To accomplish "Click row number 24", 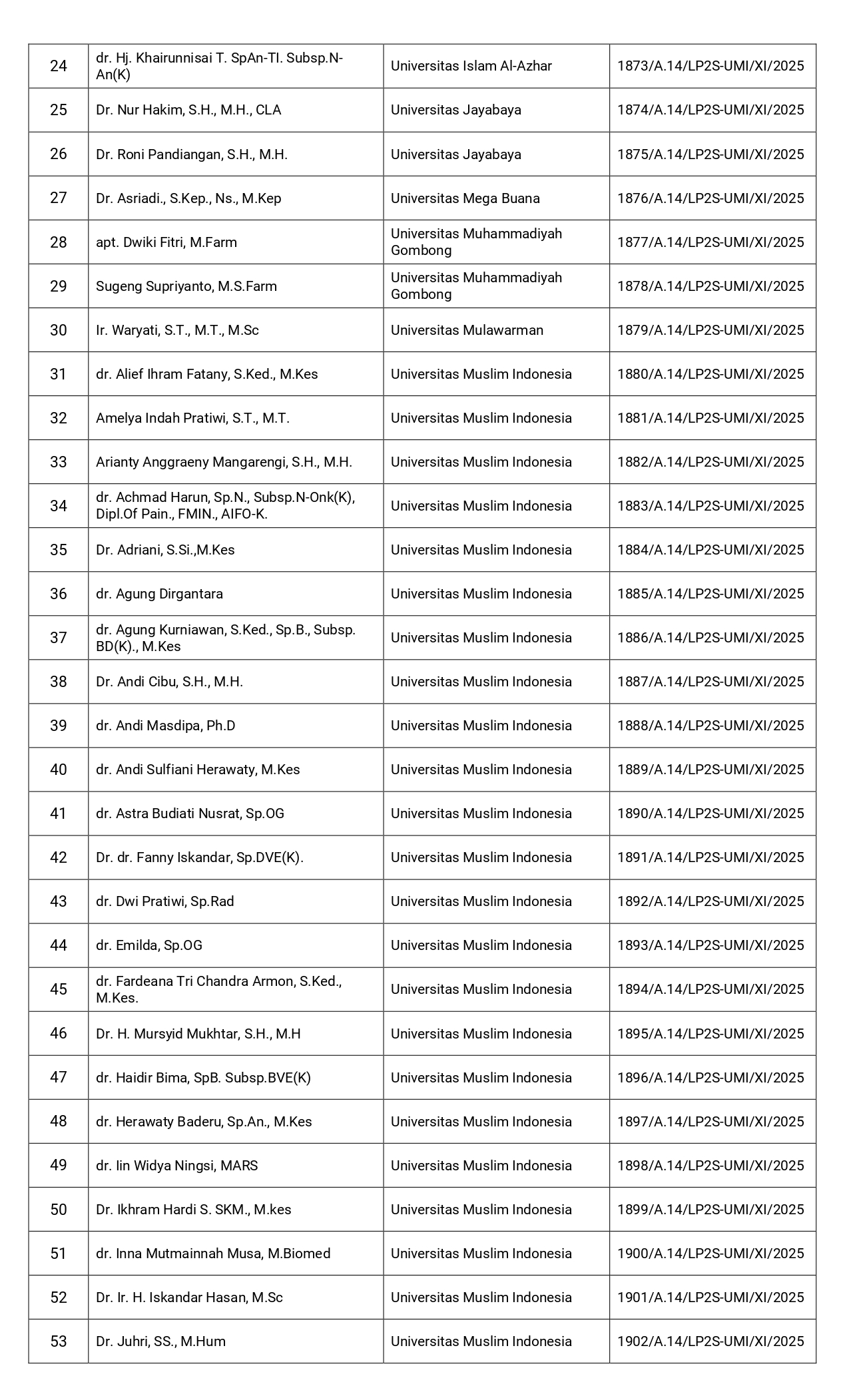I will click(59, 66).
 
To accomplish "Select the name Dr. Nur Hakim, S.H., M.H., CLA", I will click(188, 110).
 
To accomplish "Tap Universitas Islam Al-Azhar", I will click(471, 66).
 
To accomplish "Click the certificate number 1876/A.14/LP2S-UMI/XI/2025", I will click(710, 198).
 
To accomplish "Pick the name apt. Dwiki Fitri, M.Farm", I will click(166, 242).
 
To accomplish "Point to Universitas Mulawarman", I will click(467, 330).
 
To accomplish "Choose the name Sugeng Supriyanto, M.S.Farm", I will click(186, 286).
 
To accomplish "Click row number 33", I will click(59, 462).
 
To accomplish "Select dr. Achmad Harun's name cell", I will click(225, 506).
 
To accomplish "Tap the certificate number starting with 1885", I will click(710, 594).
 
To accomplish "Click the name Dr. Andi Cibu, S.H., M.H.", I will click(169, 682).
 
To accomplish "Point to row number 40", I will click(59, 770).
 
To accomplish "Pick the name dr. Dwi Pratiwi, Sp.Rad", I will click(165, 901).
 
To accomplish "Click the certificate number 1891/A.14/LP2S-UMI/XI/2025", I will click(710, 857).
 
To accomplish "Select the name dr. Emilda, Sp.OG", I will click(149, 945).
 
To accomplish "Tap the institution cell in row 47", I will click(481, 1078).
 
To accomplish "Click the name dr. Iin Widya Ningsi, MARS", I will click(177, 1166).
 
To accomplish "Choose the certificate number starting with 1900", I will click(710, 1254).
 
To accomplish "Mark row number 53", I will click(59, 1341).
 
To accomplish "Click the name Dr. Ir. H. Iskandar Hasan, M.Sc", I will click(189, 1297).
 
